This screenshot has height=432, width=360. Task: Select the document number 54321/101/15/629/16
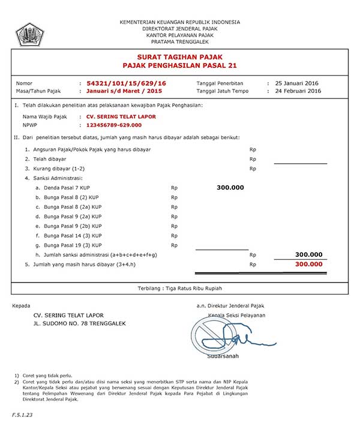click(x=127, y=82)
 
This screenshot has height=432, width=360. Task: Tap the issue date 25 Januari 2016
click(x=296, y=82)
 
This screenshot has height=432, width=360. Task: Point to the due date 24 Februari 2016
click(x=298, y=91)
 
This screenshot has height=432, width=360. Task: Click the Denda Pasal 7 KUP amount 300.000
click(x=230, y=188)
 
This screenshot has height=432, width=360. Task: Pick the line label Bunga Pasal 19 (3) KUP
click(x=71, y=245)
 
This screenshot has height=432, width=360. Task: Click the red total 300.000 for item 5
click(x=309, y=264)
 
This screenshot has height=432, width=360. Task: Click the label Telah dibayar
click(x=49, y=159)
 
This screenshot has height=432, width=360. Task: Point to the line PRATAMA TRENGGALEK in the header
click(x=179, y=42)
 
